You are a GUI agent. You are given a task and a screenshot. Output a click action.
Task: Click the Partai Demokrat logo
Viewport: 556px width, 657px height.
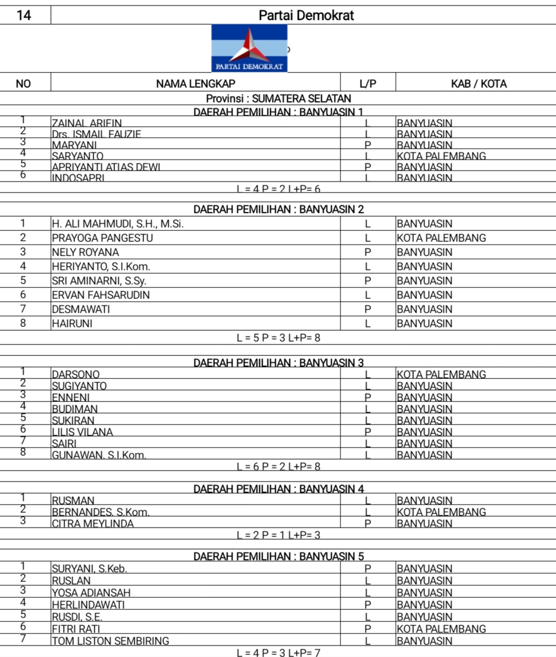(249, 48)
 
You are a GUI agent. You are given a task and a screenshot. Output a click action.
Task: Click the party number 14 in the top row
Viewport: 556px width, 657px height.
(24, 15)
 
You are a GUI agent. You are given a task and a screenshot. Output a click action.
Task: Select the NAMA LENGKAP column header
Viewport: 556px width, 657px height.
(195, 84)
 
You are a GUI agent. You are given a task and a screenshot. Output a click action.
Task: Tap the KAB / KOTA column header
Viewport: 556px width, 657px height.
(478, 84)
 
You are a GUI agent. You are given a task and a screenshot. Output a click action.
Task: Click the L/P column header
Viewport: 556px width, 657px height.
(368, 84)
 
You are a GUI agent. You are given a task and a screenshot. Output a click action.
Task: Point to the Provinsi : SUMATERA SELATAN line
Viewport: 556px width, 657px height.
(279, 99)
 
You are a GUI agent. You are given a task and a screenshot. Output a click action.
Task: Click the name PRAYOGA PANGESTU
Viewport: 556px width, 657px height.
(103, 238)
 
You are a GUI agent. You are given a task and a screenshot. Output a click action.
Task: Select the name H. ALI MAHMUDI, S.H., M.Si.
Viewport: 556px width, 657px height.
(117, 224)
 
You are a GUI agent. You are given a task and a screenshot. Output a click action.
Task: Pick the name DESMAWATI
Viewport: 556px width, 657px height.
(81, 309)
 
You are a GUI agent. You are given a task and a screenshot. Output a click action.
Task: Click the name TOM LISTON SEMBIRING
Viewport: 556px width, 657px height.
(110, 641)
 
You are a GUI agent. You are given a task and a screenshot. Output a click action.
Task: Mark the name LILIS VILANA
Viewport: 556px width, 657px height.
(82, 432)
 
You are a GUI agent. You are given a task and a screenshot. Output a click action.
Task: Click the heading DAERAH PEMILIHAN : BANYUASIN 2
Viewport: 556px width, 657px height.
(279, 209)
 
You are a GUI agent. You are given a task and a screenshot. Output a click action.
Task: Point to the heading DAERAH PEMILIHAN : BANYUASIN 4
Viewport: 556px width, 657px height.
(279, 489)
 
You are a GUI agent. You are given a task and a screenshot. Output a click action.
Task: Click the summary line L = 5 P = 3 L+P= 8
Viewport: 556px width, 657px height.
(279, 338)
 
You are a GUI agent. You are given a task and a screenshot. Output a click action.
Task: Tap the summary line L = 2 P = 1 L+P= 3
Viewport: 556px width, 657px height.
(279, 535)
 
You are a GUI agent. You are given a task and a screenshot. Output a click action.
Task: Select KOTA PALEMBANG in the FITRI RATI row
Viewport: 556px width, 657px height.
(441, 629)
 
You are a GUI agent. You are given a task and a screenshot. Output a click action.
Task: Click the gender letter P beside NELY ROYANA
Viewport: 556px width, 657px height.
(368, 252)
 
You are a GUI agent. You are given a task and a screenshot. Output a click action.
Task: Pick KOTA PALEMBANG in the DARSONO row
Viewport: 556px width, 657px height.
(441, 375)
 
